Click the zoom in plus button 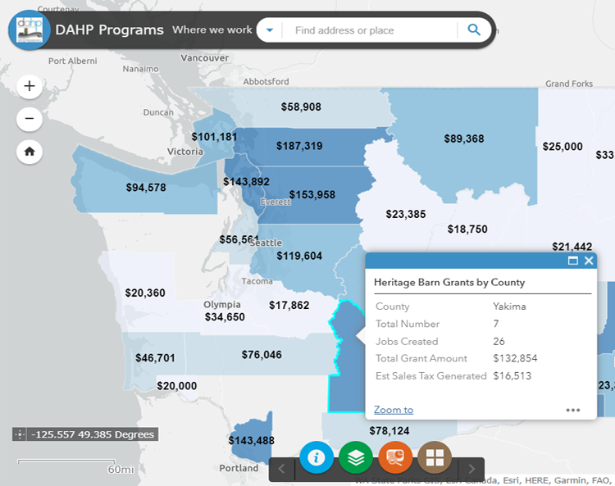pyautogui.click(x=30, y=86)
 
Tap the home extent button pyautogui.click(x=30, y=152)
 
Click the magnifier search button pyautogui.click(x=474, y=30)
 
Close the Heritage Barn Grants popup pyautogui.click(x=589, y=261)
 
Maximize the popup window pyautogui.click(x=573, y=261)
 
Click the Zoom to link pyautogui.click(x=394, y=410)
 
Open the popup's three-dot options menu pyautogui.click(x=572, y=410)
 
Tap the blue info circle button pyautogui.click(x=317, y=457)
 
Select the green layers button pyautogui.click(x=356, y=457)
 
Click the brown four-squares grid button pyautogui.click(x=435, y=457)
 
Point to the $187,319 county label pyautogui.click(x=299, y=146)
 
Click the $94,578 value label pyautogui.click(x=146, y=187)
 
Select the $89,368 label pyautogui.click(x=464, y=139)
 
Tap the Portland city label pyautogui.click(x=239, y=469)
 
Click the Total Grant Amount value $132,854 pyautogui.click(x=515, y=358)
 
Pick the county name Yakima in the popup pyautogui.click(x=509, y=307)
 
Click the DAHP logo pyautogui.click(x=30, y=30)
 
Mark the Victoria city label pyautogui.click(x=185, y=152)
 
